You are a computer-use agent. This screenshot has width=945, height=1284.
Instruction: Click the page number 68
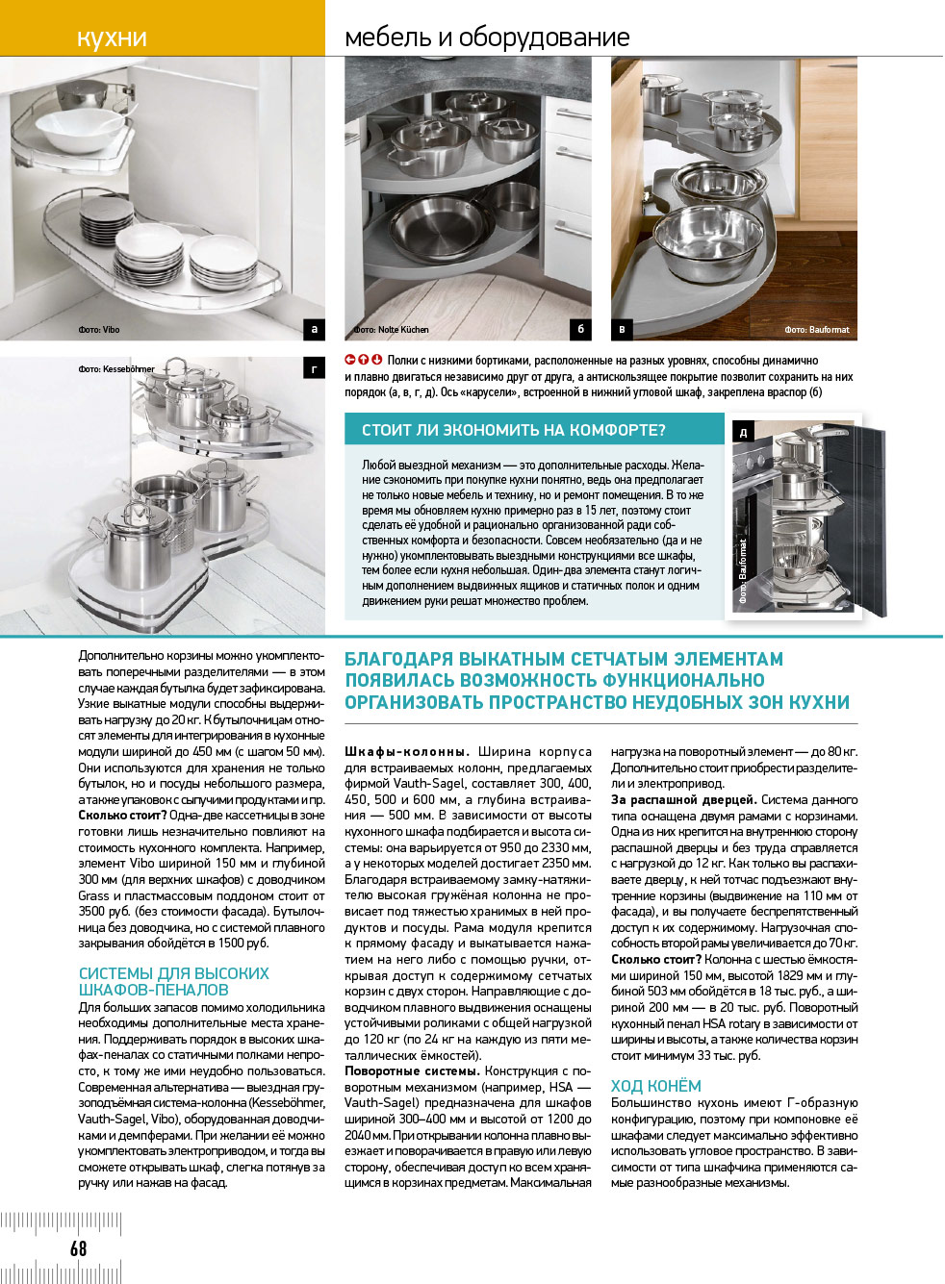tap(78, 1247)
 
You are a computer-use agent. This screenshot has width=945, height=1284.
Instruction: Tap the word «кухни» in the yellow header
tap(112, 38)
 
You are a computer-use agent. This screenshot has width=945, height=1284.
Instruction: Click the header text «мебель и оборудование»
tap(487, 38)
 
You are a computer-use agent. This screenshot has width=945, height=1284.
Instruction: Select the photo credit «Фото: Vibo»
tap(99, 329)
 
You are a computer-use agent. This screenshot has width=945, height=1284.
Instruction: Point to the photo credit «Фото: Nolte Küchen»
tap(391, 329)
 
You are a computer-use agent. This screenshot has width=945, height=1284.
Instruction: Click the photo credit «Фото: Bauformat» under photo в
tap(816, 329)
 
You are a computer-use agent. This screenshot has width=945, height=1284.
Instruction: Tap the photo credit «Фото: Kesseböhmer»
tap(116, 368)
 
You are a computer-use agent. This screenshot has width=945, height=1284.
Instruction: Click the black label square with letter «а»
tap(314, 329)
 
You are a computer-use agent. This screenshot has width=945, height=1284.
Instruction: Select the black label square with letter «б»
tap(580, 329)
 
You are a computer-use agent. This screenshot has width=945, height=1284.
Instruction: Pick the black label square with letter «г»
tap(314, 368)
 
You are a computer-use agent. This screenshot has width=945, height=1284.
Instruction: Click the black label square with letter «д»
tap(743, 433)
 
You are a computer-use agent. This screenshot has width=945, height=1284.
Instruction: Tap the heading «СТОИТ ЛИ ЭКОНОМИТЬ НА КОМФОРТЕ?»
tap(513, 430)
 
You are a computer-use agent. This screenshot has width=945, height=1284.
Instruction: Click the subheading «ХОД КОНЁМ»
tap(655, 1086)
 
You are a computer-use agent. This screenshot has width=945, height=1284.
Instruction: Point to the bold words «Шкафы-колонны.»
tap(406, 751)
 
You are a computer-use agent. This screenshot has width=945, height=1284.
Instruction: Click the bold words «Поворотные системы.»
tap(411, 1070)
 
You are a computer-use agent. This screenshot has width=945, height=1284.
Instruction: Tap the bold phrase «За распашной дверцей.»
tap(682, 799)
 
